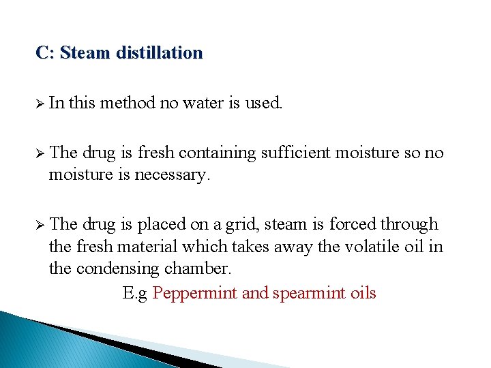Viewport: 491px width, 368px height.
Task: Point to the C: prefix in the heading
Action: point(45,52)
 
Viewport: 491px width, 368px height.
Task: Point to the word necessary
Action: point(173,176)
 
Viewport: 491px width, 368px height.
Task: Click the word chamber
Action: point(198,269)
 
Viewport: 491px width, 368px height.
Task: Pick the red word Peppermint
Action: point(195,293)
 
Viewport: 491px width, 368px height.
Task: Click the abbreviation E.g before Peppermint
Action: point(135,293)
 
